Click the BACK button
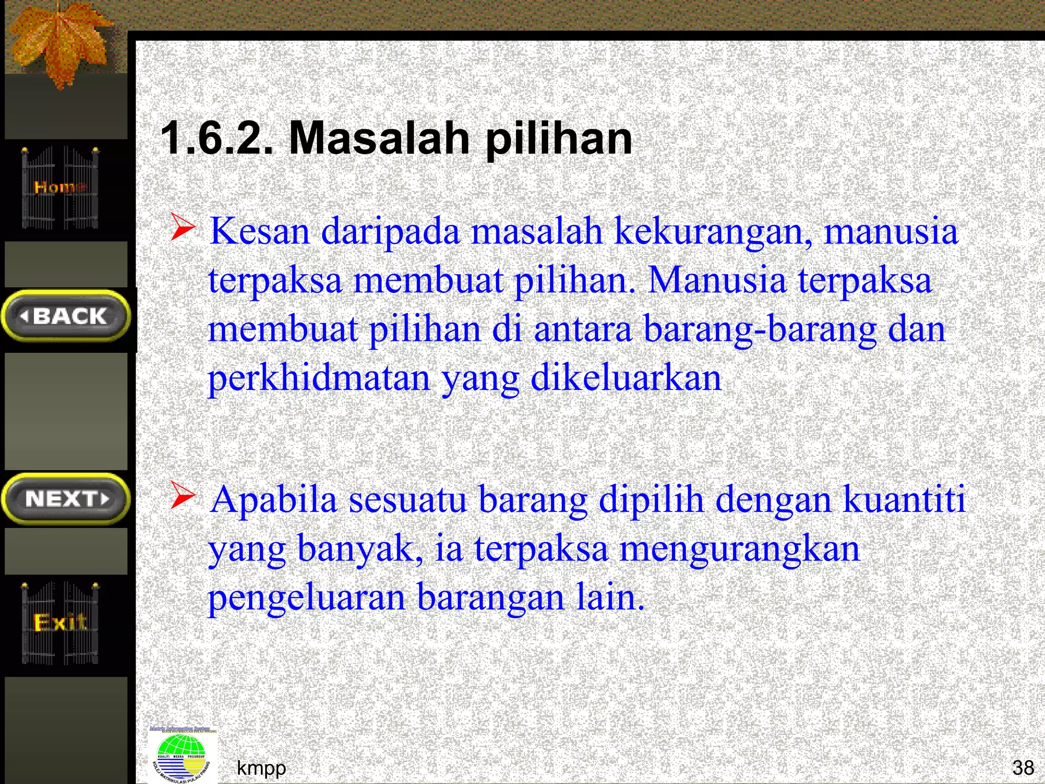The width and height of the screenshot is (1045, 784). tap(66, 316)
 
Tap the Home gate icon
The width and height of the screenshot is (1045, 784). tap(60, 187)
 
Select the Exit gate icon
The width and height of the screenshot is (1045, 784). tap(60, 623)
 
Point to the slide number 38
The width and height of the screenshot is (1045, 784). tap(1023, 768)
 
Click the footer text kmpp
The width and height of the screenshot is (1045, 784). tap(261, 768)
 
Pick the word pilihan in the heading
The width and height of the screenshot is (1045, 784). tap(559, 139)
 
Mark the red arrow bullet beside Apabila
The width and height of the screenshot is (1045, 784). tap(183, 495)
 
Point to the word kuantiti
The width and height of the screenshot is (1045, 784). tap(904, 499)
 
